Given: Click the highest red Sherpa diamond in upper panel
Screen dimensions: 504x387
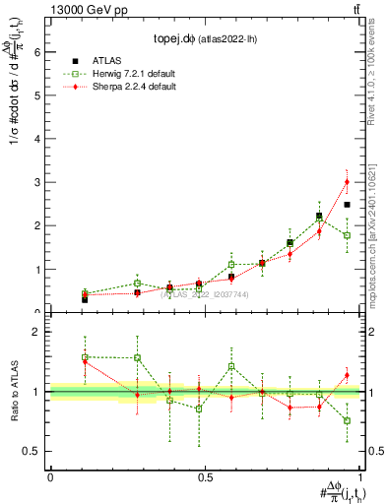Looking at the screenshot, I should click(x=347, y=181).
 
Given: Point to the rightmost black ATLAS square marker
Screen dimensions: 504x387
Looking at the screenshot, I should click(x=347, y=204).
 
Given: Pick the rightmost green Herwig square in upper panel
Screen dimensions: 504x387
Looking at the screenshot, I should click(x=347, y=235).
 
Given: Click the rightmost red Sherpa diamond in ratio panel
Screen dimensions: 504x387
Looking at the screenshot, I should click(x=347, y=375).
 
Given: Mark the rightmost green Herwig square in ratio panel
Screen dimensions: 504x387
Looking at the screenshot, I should click(x=347, y=420).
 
